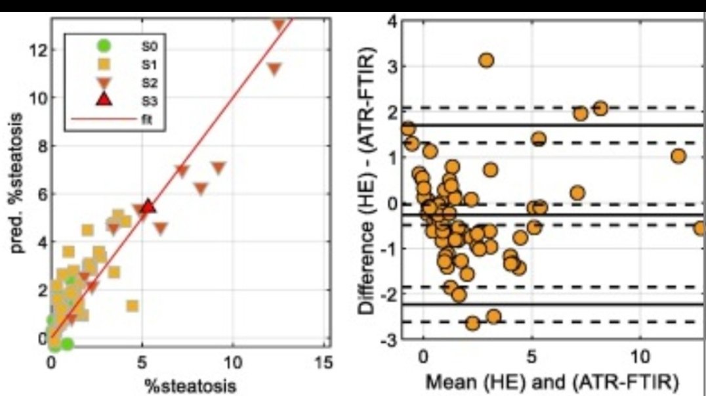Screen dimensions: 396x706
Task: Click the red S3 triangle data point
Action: pyautogui.click(x=148, y=206)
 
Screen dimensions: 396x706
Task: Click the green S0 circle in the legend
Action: pyautogui.click(x=103, y=46)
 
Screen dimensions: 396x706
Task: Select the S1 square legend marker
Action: pyautogui.click(x=103, y=64)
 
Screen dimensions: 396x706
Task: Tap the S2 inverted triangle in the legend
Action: pyautogui.click(x=103, y=83)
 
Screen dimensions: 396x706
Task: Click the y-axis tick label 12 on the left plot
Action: pyautogui.click(x=38, y=50)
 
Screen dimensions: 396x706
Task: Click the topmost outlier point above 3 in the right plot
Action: pyautogui.click(x=486, y=60)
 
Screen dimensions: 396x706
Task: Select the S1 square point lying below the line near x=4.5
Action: pyautogui.click(x=132, y=306)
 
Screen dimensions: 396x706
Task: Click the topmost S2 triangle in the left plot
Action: pyautogui.click(x=279, y=25)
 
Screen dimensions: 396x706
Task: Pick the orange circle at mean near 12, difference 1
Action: pyautogui.click(x=678, y=156)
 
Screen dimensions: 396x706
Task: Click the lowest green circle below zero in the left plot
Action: pyautogui.click(x=66, y=343)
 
